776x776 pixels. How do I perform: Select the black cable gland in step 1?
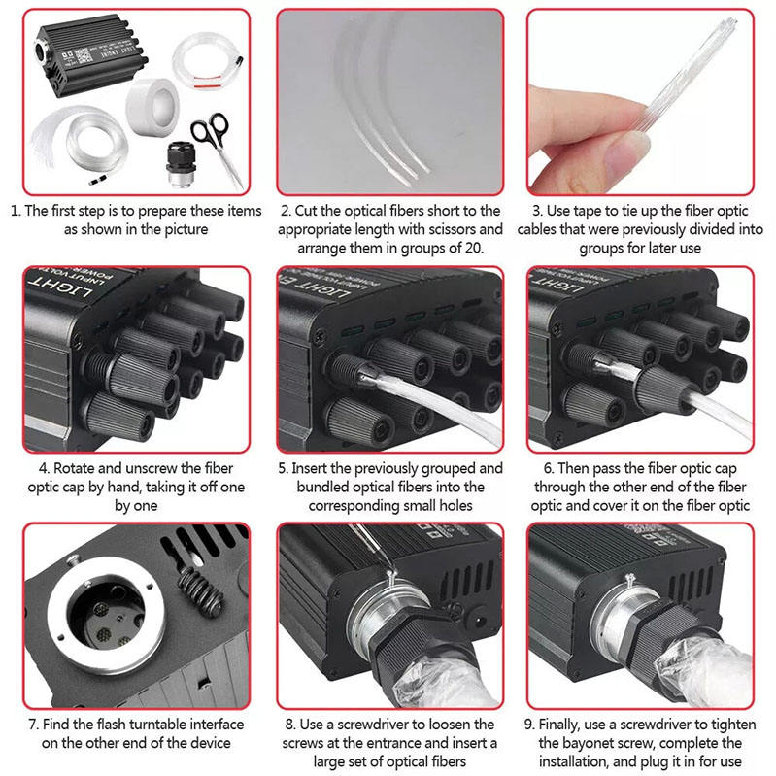pos(180,164)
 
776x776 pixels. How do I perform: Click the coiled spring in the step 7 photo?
pos(200,590)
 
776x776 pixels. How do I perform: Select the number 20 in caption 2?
pos(472,248)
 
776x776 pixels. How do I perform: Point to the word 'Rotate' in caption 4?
pos(72,468)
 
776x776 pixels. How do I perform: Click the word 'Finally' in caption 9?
pos(559,725)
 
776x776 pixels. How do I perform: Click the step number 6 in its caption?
pos(548,468)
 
